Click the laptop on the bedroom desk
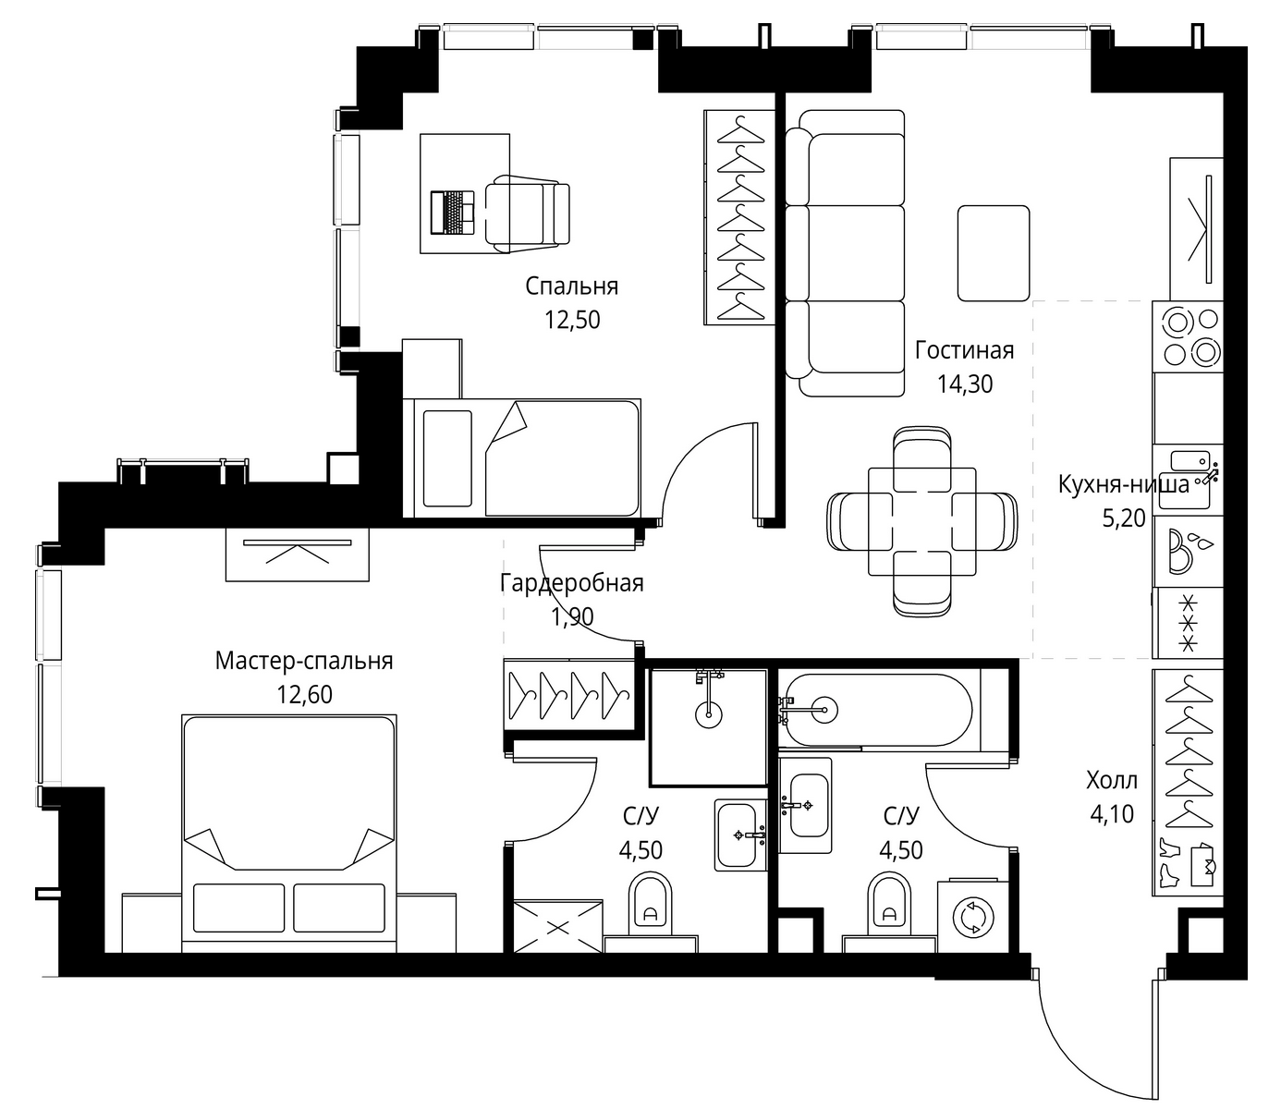pos(452,213)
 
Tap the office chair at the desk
pos(527,213)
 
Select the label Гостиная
pos(965,350)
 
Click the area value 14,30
pos(965,384)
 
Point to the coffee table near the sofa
pos(994,253)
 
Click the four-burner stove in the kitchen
pos(1188,336)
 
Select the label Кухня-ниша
pos(1124,484)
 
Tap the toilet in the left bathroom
pos(650,903)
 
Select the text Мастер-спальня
pos(304,661)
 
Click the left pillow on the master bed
pos(238,908)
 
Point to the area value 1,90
pos(572,617)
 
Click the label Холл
pos(1112,781)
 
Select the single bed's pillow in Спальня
pos(446,457)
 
